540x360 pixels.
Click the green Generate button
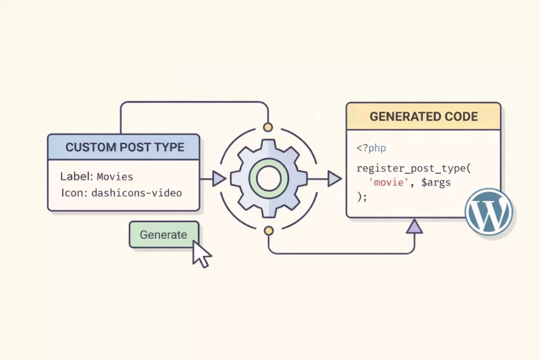pyautogui.click(x=164, y=234)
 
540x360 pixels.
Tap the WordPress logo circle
pyautogui.click(x=488, y=211)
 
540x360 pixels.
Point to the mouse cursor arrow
pyautogui.click(x=201, y=255)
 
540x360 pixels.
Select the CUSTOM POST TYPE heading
pyautogui.click(x=125, y=147)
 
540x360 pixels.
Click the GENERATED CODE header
pyautogui.click(x=424, y=117)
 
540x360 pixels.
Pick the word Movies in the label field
pyautogui.click(x=115, y=176)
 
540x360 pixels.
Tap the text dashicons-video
pyautogui.click(x=137, y=192)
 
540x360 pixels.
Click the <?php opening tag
pyautogui.click(x=372, y=148)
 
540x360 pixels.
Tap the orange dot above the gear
pyautogui.click(x=267, y=127)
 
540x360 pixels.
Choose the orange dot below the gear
pyautogui.click(x=268, y=230)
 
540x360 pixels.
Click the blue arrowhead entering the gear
pyautogui.click(x=219, y=178)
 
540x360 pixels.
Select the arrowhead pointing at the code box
pyautogui.click(x=334, y=178)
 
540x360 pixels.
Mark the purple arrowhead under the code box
pyautogui.click(x=414, y=225)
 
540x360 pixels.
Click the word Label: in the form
pyautogui.click(x=76, y=176)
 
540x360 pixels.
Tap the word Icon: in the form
pyautogui.click(x=74, y=192)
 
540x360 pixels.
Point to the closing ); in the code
pyautogui.click(x=362, y=196)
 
